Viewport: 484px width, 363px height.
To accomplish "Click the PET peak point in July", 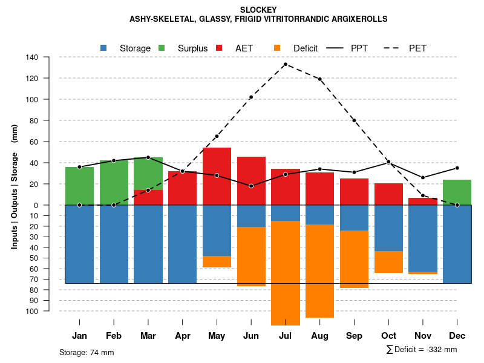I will coord(285,64).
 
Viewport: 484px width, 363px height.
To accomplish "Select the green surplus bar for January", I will coord(79,186).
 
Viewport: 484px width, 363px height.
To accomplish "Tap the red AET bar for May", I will coord(217,176).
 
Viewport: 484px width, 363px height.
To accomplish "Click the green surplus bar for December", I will coord(457,192).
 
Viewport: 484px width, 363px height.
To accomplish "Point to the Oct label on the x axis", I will coord(388,336).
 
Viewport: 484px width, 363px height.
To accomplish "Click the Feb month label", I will coord(114,336).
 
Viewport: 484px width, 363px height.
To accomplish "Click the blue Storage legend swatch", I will coord(103,48).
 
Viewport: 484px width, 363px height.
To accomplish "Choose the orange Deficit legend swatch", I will coord(277,48).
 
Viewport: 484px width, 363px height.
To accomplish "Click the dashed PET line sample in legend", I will coord(397,48).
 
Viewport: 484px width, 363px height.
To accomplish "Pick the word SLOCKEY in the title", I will coord(258,10).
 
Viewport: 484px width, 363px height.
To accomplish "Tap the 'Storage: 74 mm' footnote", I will coord(87,352).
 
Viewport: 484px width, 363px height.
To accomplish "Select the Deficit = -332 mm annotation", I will coord(422,350).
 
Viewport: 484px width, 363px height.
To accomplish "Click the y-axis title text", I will coord(15,186).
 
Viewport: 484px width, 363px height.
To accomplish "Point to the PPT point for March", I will coord(148,157).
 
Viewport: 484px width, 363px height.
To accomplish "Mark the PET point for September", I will coord(354,120).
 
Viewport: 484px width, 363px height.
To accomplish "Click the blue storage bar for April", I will coord(182,244).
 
